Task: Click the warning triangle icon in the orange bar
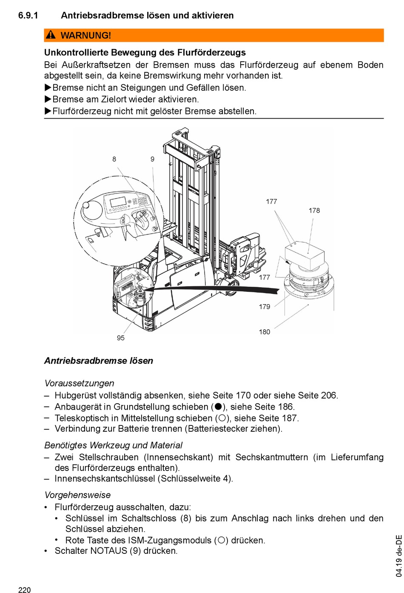pyautogui.click(x=51, y=35)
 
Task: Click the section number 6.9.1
pyautogui.click(x=28, y=15)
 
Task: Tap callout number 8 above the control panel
pyautogui.click(x=114, y=159)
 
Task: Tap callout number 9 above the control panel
pyautogui.click(x=152, y=159)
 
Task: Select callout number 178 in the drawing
pyautogui.click(x=314, y=211)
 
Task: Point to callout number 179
pyautogui.click(x=265, y=307)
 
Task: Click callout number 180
pyautogui.click(x=265, y=332)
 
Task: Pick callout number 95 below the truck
pyautogui.click(x=121, y=338)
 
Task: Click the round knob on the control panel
pyautogui.click(x=86, y=205)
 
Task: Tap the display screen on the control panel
pyautogui.click(x=118, y=202)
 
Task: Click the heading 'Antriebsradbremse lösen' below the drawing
pyautogui.click(x=99, y=361)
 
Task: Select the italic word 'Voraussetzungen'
pyautogui.click(x=79, y=383)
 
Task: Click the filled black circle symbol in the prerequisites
pyautogui.click(x=219, y=407)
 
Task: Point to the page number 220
pyautogui.click(x=25, y=590)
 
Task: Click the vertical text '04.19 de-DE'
pyautogui.click(x=398, y=556)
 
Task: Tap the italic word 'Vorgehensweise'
pyautogui.click(x=77, y=495)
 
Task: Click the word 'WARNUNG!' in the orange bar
pyautogui.click(x=86, y=35)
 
